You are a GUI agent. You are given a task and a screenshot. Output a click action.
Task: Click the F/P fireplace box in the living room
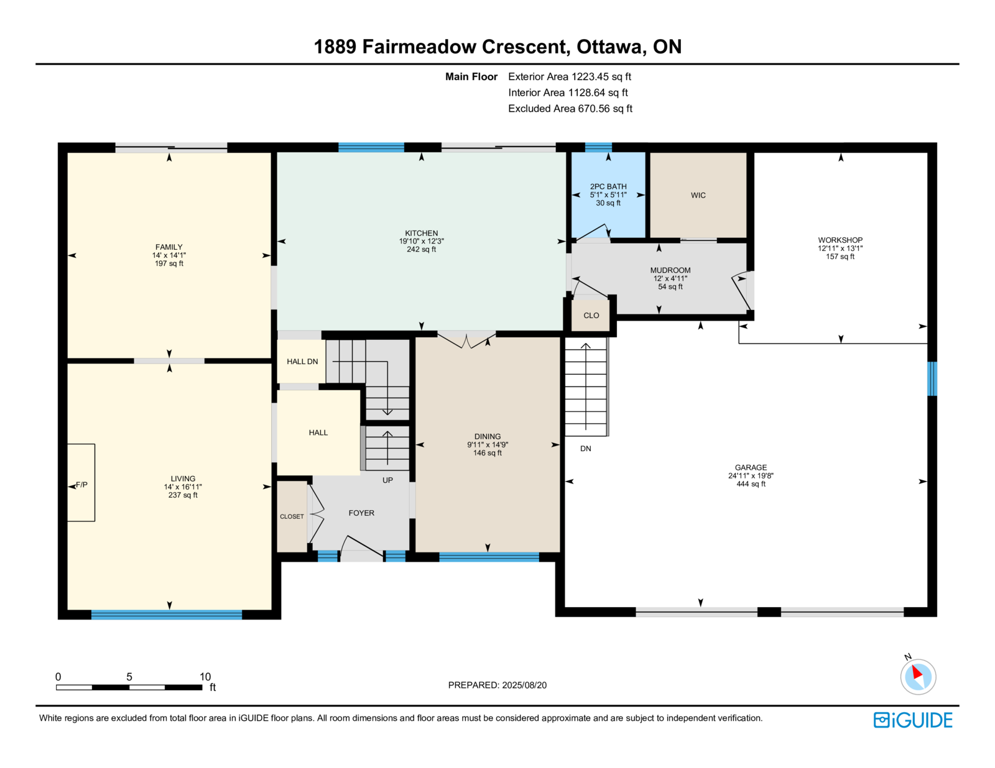coord(81,482)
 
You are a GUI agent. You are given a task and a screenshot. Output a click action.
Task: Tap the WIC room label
coord(698,195)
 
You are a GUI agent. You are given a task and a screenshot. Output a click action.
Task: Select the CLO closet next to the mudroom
coord(591,315)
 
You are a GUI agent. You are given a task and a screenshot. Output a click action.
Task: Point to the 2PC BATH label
coord(608,186)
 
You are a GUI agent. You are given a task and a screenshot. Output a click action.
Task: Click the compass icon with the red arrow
coord(918,677)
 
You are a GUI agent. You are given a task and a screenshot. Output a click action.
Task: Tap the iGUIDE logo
coord(912,720)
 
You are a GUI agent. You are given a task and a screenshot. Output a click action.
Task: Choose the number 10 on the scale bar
coord(205,677)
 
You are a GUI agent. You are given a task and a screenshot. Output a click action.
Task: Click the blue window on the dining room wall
coord(489,557)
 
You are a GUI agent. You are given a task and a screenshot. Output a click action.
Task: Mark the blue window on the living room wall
coord(167,615)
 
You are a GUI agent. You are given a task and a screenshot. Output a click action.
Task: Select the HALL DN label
coord(302,362)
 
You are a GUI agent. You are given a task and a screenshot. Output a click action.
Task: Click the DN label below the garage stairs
coord(585,449)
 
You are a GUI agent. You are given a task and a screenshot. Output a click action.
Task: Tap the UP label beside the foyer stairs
coord(387,480)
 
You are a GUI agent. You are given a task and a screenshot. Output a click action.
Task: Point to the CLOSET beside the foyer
coord(292,516)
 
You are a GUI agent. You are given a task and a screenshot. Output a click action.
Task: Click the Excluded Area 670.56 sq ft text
coord(570,108)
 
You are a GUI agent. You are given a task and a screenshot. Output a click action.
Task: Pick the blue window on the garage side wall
coord(932,379)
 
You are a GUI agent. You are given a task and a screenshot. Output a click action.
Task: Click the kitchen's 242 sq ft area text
coord(421,249)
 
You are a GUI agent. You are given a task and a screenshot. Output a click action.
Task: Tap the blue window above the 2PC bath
coord(598,147)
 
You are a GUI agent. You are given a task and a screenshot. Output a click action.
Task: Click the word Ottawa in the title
coord(611,47)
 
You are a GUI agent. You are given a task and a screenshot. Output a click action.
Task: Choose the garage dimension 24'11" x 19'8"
coord(751,476)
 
